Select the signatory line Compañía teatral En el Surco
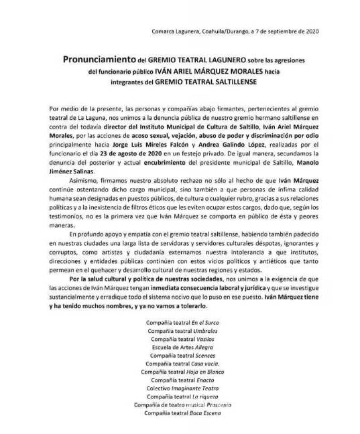click(179, 323)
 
